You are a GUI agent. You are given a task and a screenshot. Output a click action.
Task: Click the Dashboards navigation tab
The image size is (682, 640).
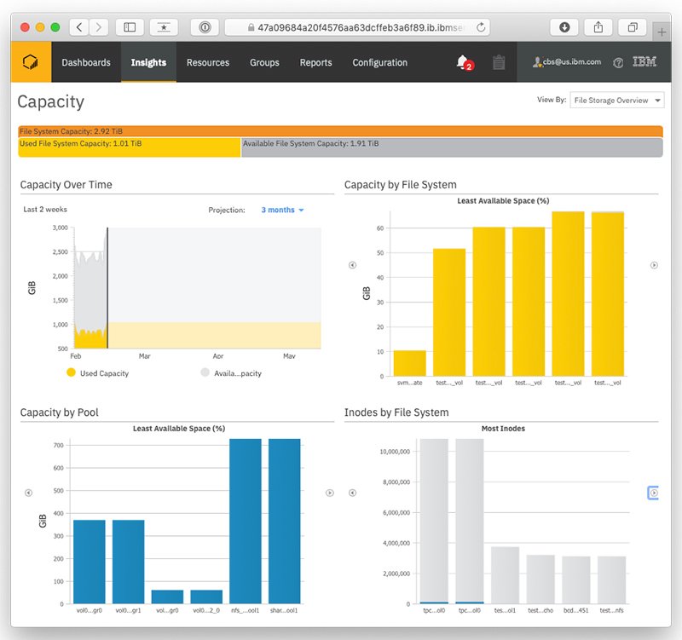[86, 62]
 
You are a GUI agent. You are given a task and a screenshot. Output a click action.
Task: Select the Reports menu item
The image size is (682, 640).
[315, 62]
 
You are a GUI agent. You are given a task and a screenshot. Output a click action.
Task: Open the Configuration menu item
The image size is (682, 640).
[379, 62]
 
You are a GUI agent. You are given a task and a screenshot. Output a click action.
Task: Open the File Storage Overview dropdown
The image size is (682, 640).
[616, 101]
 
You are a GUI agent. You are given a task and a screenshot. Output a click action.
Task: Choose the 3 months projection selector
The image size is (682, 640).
[282, 210]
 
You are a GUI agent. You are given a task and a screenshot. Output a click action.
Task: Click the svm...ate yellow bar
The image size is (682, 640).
[410, 363]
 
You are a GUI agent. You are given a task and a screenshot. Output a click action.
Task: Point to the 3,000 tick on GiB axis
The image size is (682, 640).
[59, 228]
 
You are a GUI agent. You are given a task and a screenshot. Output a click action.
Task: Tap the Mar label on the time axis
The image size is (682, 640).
[144, 356]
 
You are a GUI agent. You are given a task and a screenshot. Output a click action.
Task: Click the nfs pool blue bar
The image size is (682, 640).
[246, 522]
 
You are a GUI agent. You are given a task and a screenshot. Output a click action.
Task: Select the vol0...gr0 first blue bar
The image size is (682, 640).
[90, 562]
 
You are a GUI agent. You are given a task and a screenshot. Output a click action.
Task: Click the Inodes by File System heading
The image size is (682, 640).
[396, 412]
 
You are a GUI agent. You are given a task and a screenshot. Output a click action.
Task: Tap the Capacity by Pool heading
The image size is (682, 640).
[59, 412]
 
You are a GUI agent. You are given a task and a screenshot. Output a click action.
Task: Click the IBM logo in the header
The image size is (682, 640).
[644, 62]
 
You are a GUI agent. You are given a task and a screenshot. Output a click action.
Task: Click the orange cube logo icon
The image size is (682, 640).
[31, 62]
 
